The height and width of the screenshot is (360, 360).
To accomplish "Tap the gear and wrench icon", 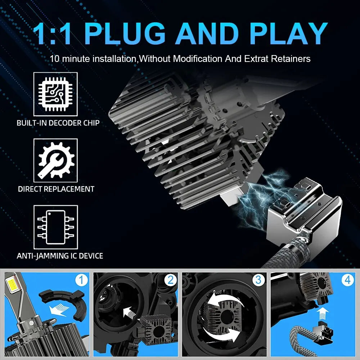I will (x=55, y=161).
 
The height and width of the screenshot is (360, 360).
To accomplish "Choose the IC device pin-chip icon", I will (x=55, y=227).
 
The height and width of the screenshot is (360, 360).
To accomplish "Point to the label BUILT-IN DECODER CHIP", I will (x=58, y=123).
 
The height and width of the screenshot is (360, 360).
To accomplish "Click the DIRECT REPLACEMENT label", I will (x=56, y=189).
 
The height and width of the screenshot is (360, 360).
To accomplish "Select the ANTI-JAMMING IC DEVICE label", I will (x=60, y=256).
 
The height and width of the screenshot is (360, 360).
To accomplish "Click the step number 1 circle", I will (x=81, y=280).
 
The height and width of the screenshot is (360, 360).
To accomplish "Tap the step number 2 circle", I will (x=170, y=280).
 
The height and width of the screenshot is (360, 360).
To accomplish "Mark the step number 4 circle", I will (x=347, y=280).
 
